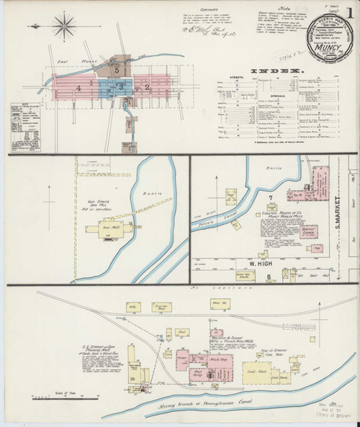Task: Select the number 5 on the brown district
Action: point(115,69)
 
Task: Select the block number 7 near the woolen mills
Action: point(269,197)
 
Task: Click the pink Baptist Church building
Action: point(309,237)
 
